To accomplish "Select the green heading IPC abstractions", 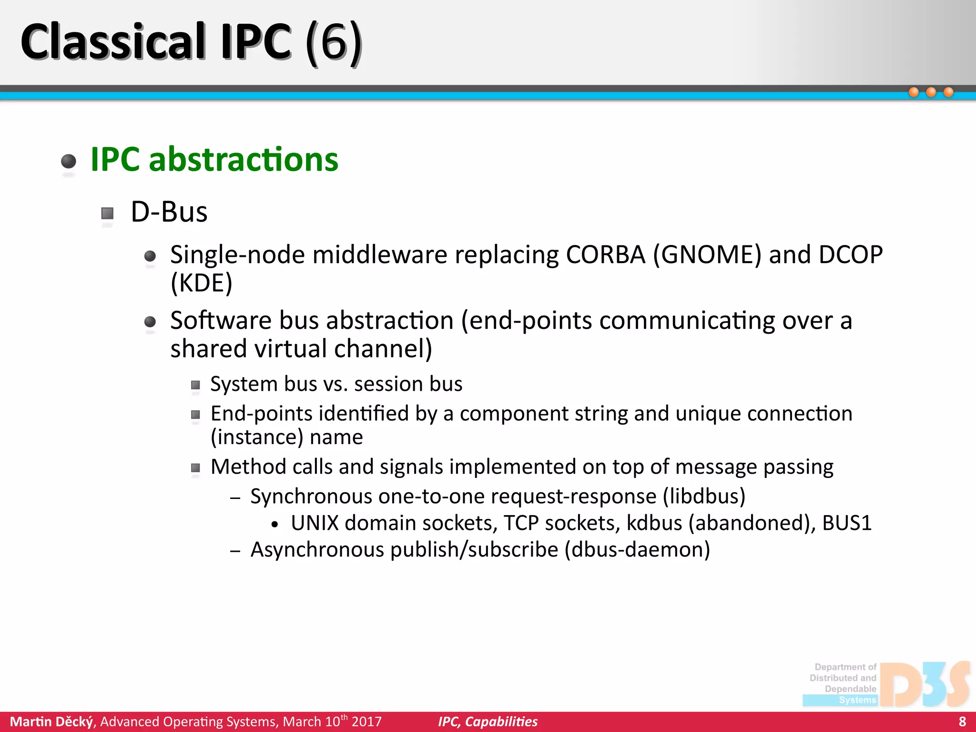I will coord(214,160).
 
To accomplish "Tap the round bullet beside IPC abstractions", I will coord(69,161).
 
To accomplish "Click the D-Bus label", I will coord(169,212).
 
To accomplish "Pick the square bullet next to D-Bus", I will coord(108,213).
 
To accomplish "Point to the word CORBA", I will coord(605,255).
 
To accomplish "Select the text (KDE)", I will coord(202,283).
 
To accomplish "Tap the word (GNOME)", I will coord(707,255).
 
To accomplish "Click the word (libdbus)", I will coord(704,497).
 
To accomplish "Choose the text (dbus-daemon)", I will coord(637,549).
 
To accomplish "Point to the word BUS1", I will coord(847,523).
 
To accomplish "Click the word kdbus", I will coord(654,523).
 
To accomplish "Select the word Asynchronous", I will coord(317,549).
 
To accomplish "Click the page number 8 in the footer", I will coord(962,722).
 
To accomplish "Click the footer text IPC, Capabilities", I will coord(488,722).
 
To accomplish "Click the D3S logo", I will coord(925,684).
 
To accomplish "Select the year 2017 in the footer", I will coord(366,722).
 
